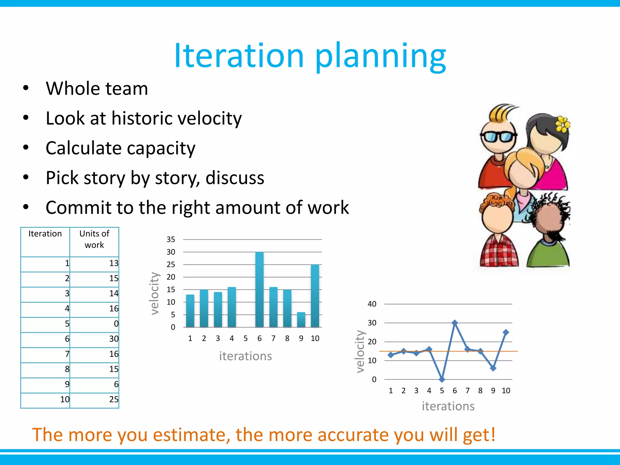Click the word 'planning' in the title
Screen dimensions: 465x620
click(381, 57)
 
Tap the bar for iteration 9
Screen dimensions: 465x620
click(301, 320)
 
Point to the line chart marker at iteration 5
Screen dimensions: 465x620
click(442, 379)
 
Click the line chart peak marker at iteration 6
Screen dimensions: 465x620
click(454, 323)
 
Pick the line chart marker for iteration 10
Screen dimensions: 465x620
click(506, 332)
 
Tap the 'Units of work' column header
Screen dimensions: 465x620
click(94, 239)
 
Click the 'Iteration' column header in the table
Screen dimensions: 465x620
click(45, 234)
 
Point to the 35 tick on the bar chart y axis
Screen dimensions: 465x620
click(171, 239)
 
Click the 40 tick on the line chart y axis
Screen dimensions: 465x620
click(372, 304)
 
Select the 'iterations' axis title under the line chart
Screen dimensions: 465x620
click(448, 406)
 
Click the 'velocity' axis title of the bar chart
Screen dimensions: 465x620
click(155, 293)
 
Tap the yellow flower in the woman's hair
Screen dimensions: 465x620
click(562, 124)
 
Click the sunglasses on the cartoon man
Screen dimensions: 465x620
click(498, 137)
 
